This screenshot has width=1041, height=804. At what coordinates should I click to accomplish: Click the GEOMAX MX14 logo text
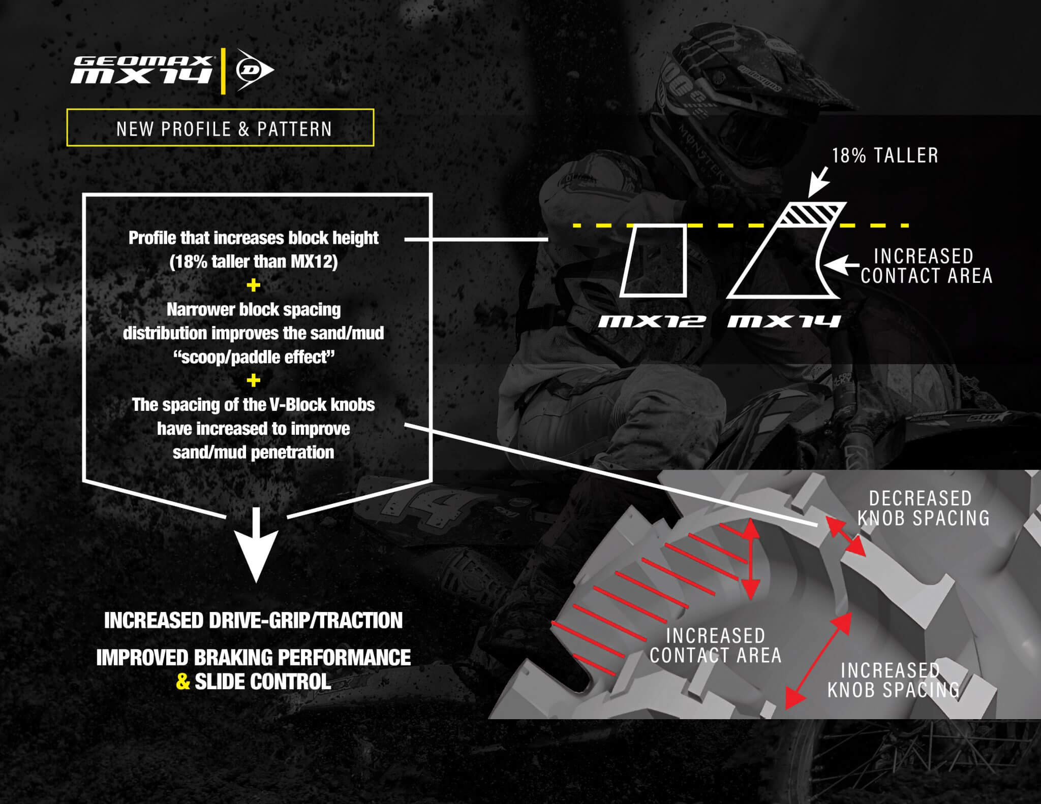pyautogui.click(x=142, y=69)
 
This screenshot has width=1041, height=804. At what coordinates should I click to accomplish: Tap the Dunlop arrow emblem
pyautogui.click(x=254, y=71)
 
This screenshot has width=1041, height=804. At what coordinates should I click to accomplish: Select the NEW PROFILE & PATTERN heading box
pyautogui.click(x=220, y=127)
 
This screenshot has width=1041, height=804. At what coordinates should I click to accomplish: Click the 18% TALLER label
pyautogui.click(x=884, y=155)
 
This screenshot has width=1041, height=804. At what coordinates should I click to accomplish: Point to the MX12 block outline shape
pyautogui.click(x=654, y=260)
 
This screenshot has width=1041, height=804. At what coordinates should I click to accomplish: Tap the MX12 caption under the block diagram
pyautogui.click(x=651, y=321)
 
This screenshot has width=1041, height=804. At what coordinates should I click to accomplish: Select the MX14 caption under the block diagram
pyautogui.click(x=783, y=321)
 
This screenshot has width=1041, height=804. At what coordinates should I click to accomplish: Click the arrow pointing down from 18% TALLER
pyautogui.click(x=817, y=183)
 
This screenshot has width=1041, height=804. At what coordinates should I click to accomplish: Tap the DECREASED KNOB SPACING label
pyautogui.click(x=923, y=508)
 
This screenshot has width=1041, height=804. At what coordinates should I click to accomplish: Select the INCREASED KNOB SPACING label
pyautogui.click(x=893, y=680)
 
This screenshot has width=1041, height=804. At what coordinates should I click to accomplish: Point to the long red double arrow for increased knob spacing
pyautogui.click(x=818, y=660)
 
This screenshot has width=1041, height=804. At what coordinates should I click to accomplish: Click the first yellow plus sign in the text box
pyautogui.click(x=253, y=285)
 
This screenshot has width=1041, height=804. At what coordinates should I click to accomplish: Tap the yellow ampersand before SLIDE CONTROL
pyautogui.click(x=183, y=682)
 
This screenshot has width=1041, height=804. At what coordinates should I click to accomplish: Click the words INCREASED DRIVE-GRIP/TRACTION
pyautogui.click(x=253, y=620)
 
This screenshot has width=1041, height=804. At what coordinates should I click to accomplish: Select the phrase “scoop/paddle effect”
pyautogui.click(x=253, y=357)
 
